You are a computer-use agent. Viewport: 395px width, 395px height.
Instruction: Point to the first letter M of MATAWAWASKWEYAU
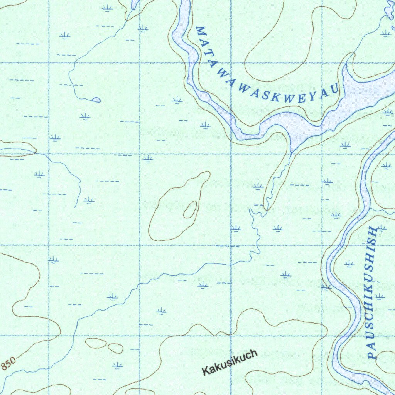coord(200,30)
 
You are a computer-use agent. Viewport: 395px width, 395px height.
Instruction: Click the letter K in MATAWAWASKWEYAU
coord(275,96)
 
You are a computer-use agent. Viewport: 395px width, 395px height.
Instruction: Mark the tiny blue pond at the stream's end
coord(96,100)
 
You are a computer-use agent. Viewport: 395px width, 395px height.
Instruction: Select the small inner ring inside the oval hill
coord(190,210)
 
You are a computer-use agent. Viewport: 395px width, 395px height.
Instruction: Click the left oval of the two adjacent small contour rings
coord(95,343)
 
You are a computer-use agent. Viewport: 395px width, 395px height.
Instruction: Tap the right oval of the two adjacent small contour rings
coord(115,348)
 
